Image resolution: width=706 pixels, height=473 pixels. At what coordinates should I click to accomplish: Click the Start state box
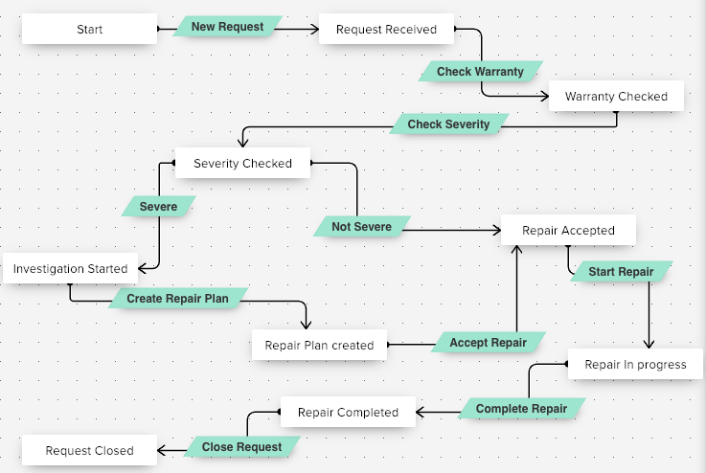89,29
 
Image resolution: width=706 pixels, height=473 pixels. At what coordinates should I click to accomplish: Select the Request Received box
386,29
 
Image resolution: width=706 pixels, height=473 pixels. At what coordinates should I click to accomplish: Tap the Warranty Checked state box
615,96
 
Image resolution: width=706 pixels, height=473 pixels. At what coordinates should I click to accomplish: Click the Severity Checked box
242,163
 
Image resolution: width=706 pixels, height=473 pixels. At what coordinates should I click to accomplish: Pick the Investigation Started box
70,268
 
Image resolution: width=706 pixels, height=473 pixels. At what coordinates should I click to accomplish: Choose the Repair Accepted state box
568,230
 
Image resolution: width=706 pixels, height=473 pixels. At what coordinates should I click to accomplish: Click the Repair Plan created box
319,345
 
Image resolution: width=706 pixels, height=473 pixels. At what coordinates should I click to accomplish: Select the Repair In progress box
635,364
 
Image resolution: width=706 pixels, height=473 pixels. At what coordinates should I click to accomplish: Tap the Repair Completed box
348,412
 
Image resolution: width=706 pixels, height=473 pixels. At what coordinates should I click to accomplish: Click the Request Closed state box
89,450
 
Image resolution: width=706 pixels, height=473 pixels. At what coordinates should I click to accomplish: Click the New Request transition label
227,27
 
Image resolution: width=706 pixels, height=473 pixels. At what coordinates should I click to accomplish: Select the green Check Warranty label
480,72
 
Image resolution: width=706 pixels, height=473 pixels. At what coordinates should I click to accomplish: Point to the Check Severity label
448,124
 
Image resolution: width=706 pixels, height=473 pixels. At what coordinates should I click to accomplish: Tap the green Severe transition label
158,206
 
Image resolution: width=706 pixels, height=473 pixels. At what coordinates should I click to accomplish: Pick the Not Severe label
361,226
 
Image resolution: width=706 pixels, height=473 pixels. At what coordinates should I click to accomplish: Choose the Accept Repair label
488,342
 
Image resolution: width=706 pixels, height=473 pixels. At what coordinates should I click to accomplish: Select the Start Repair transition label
621,272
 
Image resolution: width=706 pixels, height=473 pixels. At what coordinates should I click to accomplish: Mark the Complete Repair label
521,409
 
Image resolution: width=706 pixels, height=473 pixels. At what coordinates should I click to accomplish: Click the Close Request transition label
241,446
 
